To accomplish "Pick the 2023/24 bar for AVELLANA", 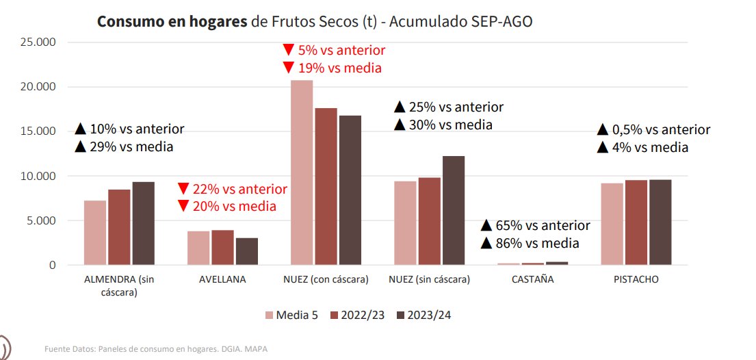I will click(247, 251).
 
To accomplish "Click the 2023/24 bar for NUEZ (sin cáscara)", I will click(453, 210).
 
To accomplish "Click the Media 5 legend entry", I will click(291, 315).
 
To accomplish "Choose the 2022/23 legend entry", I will click(361, 315).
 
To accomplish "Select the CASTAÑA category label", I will click(533, 280).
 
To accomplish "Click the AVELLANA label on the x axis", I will click(222, 280).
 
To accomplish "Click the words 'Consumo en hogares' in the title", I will click(172, 22).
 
